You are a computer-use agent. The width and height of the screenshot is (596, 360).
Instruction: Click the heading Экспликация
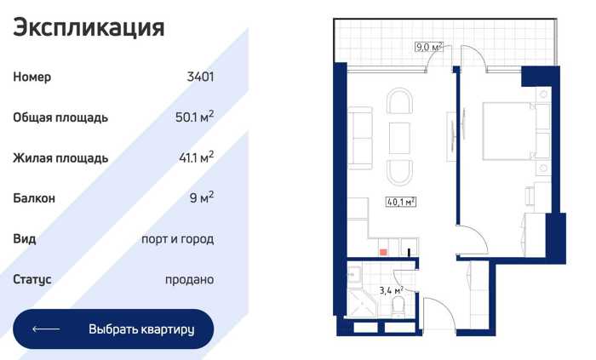pyautogui.click(x=89, y=28)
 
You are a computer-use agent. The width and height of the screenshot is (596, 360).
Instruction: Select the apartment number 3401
pyautogui.click(x=200, y=77)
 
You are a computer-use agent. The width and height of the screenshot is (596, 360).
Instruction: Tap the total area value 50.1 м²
pyautogui.click(x=194, y=117)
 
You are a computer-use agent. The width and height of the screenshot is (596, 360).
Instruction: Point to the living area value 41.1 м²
pyautogui.click(x=196, y=157)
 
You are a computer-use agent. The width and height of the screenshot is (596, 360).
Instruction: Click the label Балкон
pyautogui.click(x=34, y=198)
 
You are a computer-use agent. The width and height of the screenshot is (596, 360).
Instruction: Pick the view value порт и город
pyautogui.click(x=177, y=239)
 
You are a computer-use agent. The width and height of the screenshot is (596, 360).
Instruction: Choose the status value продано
pyautogui.click(x=189, y=280)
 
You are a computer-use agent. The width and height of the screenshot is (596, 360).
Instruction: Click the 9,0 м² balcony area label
pyautogui.click(x=429, y=47)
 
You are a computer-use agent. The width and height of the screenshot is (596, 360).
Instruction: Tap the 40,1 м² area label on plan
pyautogui.click(x=401, y=202)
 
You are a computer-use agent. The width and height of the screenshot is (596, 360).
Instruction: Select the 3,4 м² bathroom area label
pyautogui.click(x=391, y=290)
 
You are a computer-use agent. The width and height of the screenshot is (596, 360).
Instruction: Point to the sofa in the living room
pyautogui.click(x=360, y=138)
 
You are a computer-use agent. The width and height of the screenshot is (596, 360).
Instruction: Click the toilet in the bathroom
pyautogui.click(x=398, y=306)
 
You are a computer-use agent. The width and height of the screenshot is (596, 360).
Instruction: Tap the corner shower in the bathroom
pyautogui.click(x=363, y=304)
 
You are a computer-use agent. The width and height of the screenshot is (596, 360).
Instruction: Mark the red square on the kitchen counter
pyautogui.click(x=383, y=252)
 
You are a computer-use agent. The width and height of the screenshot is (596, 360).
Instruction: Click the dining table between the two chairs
pyautogui.click(x=399, y=138)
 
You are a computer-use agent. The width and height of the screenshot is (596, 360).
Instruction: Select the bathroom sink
pyautogui.click(x=355, y=274)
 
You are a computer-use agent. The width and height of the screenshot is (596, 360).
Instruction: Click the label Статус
pyautogui.click(x=32, y=279)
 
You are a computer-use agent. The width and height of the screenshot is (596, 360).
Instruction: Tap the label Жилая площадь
pyautogui.click(x=60, y=157)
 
